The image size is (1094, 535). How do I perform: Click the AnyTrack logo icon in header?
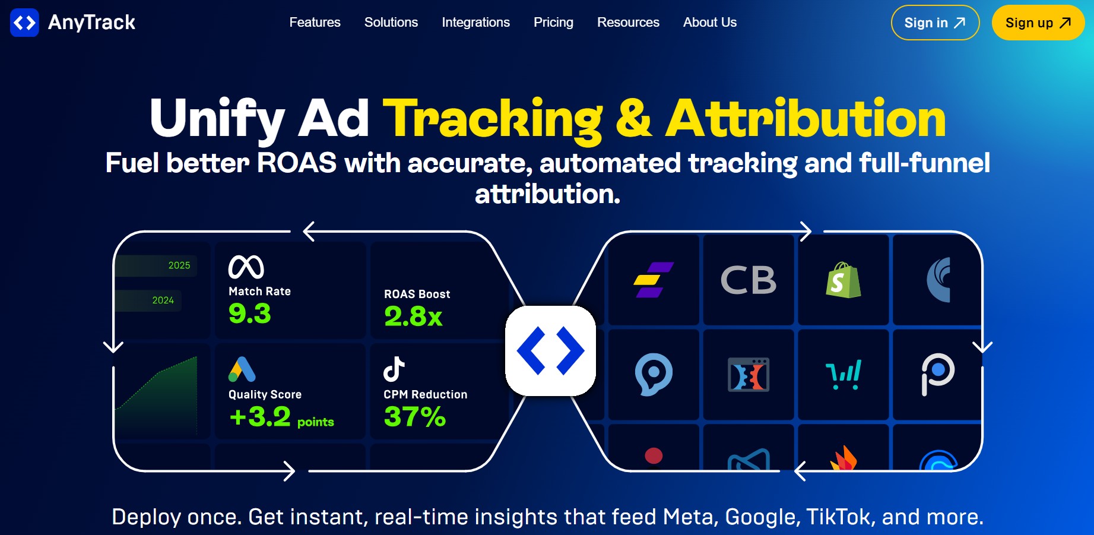[24, 23]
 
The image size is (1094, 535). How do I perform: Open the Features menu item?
[315, 23]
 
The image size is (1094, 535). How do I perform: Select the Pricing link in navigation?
[553, 23]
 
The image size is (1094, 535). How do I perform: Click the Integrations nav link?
[475, 23]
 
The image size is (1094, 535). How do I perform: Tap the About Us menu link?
[709, 23]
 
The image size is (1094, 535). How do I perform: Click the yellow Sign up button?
[1038, 23]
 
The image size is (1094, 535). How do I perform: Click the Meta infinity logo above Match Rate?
[246, 267]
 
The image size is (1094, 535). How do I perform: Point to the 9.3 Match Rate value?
[250, 314]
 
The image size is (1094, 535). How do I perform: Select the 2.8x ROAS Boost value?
[413, 316]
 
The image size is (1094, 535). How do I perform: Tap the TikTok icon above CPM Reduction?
[394, 369]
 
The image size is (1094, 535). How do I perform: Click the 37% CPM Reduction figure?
[414, 416]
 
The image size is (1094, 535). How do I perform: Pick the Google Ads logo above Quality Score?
[242, 369]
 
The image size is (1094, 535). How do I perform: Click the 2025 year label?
[179, 265]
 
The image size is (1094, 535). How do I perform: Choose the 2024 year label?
[163, 300]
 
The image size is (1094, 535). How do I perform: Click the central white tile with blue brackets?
[550, 351]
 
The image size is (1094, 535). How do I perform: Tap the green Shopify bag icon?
[843, 280]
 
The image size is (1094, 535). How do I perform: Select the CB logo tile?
[748, 280]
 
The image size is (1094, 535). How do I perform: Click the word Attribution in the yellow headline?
[806, 119]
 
